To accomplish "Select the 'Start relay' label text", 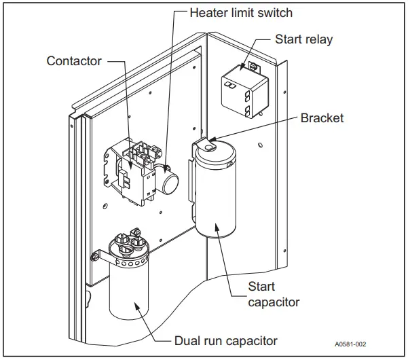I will coord(303,39).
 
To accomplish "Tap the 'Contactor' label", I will coord(74,61).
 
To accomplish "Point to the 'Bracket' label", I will coord(322,118).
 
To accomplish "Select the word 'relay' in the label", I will coord(318,39).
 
